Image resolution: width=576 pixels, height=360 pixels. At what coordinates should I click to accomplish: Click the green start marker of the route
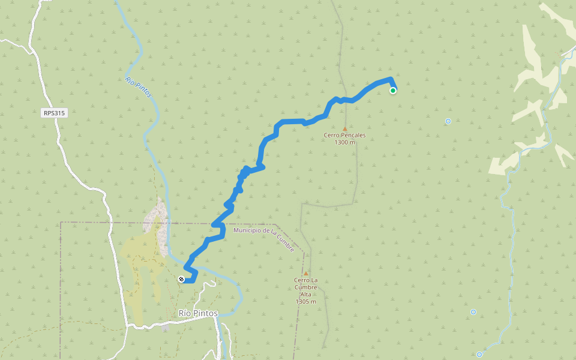point(393,91)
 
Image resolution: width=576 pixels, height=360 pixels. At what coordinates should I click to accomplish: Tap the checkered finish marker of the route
point(181,279)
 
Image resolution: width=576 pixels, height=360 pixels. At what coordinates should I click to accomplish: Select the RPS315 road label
point(54,113)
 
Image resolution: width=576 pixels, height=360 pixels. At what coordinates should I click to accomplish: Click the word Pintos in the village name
point(205,313)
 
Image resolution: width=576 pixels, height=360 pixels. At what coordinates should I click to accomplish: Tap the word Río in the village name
point(185,313)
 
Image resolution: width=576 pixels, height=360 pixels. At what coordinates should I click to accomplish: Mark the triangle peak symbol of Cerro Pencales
point(344,128)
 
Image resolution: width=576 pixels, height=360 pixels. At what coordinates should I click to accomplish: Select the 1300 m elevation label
point(344,142)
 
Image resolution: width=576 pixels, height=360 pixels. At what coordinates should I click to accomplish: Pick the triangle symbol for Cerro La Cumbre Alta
point(305,274)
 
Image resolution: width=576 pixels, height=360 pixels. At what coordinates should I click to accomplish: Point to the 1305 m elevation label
point(305,301)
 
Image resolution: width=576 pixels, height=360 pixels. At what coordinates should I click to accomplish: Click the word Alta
point(305,294)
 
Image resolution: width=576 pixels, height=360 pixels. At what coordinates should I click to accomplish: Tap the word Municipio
point(247,230)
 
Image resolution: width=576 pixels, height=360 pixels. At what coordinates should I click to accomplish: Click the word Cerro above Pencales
point(331,136)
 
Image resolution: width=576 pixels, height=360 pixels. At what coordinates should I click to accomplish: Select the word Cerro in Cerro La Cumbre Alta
point(301,280)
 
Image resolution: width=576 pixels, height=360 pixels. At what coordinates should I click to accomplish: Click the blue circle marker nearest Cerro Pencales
point(448,121)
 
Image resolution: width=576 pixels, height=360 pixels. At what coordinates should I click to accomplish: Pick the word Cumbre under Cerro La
point(305,287)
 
